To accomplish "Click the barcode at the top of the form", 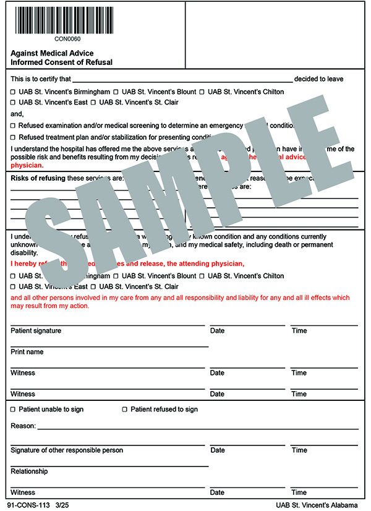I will pyautogui.click(x=64, y=19).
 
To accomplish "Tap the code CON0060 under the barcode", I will pyautogui.click(x=64, y=39).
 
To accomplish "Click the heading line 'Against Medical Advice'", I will pyautogui.click(x=52, y=53).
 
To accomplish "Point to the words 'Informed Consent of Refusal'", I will pyautogui.click(x=61, y=62).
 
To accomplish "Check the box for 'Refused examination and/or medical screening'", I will pyautogui.click(x=14, y=126).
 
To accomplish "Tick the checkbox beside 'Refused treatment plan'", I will pyautogui.click(x=14, y=137).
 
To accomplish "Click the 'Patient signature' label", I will pyautogui.click(x=36, y=331).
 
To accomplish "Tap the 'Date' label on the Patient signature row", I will pyautogui.click(x=217, y=331).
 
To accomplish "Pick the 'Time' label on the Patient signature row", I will pyautogui.click(x=299, y=331).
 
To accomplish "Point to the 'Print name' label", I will pyautogui.click(x=27, y=352).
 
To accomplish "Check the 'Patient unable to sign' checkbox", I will pyautogui.click(x=14, y=410).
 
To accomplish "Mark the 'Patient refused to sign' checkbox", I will pyautogui.click(x=125, y=410).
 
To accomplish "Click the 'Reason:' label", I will pyautogui.click(x=23, y=426).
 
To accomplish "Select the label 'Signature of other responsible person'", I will pyautogui.click(x=67, y=450).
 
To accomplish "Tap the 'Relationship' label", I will pyautogui.click(x=29, y=471).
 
